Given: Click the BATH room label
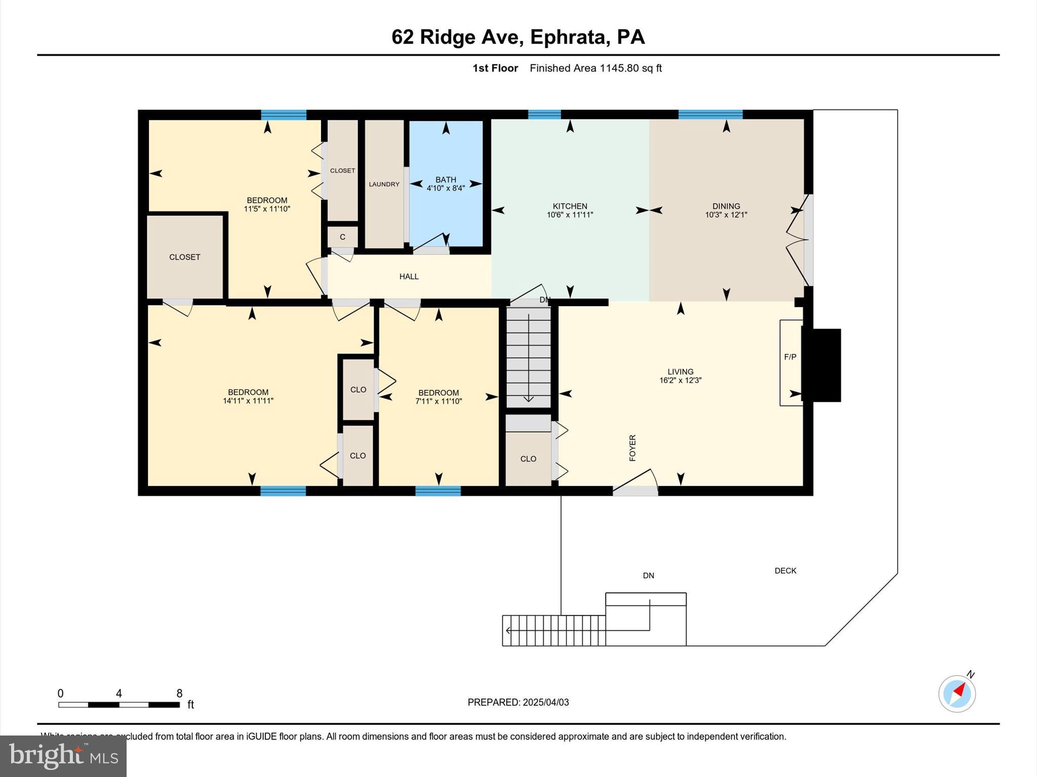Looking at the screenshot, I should coord(446,180).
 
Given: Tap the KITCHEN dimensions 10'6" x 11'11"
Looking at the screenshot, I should coord(570,214).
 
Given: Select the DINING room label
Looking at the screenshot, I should coord(726,206).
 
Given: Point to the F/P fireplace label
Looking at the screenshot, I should coord(790,357).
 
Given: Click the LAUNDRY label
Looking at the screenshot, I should coord(384,184).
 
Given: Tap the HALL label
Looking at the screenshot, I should coord(409,276).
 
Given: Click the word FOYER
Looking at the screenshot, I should coord(632,448).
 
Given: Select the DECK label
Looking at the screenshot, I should coord(785,571).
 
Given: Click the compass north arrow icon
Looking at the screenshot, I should coord(957,693).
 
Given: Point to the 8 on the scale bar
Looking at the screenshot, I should coord(179,694).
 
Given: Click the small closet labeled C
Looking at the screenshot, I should coord(343,237).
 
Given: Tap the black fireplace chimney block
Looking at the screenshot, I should coord(821,365).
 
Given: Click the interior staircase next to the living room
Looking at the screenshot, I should coord(529,357).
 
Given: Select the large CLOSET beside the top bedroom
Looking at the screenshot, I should coord(185,257).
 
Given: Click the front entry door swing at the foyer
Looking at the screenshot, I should coord(635,482).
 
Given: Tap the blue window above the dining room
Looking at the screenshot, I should coord(710,114).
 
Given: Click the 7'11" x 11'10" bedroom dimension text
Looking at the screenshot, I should coord(438,401).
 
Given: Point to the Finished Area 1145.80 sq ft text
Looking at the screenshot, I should coord(595,68).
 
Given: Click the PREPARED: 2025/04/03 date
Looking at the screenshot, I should coord(518,702).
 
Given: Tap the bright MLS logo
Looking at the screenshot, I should coord(63,756).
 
